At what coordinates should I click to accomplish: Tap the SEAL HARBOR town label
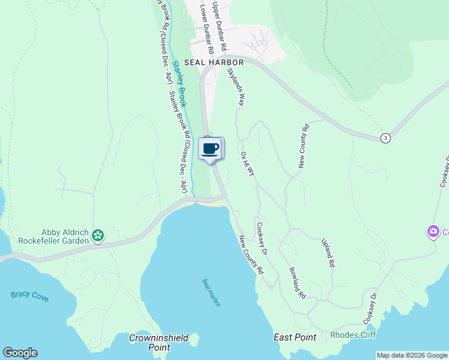pyautogui.click(x=214, y=62)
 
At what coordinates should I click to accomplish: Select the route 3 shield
pyautogui.click(x=385, y=138)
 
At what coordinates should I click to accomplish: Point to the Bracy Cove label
pyautogui.click(x=30, y=296)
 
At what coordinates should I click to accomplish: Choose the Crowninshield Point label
pyautogui.click(x=154, y=343)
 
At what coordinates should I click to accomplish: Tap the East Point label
pyautogui.click(x=295, y=337)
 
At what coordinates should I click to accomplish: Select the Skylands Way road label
pyautogui.click(x=236, y=87)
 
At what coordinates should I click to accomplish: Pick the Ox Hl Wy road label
pyautogui.click(x=247, y=163)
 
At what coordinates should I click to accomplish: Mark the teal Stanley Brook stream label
pyautogui.click(x=180, y=85)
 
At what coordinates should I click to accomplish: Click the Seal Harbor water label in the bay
pyautogui.click(x=211, y=293)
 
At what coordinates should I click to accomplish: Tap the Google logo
pyautogui.click(x=20, y=353)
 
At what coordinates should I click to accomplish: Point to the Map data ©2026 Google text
pyautogui.click(x=412, y=355)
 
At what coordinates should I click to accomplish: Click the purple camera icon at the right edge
pyautogui.click(x=433, y=231)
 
